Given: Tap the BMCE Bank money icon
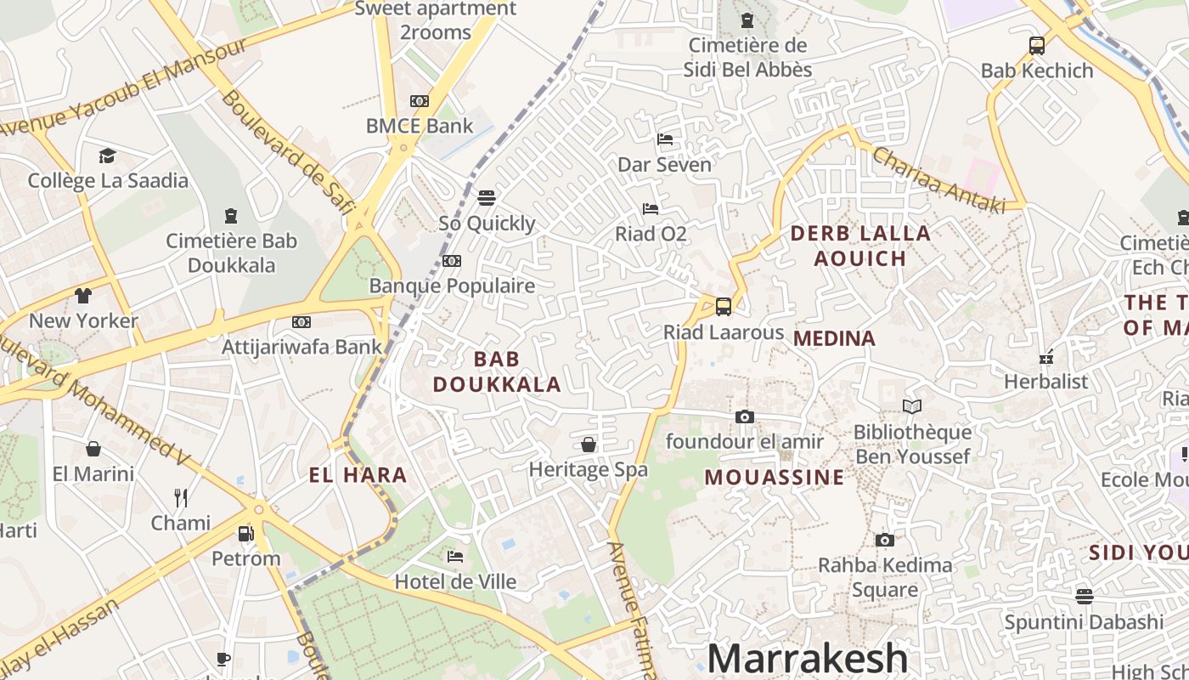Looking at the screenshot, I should [x=420, y=101].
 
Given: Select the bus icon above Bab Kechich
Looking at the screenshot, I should [x=1036, y=46].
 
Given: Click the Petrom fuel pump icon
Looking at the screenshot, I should [x=245, y=534].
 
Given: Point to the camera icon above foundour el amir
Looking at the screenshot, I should [x=744, y=416].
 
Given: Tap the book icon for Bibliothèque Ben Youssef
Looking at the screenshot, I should [x=912, y=407].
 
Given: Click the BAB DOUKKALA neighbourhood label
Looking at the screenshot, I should [x=497, y=371].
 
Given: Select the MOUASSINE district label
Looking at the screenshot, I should [x=775, y=477].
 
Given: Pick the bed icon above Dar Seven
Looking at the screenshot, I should [x=665, y=139].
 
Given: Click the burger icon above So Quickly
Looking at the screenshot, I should [x=487, y=198].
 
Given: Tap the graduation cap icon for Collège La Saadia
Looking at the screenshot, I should [x=107, y=156].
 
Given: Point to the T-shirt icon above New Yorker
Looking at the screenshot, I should [x=82, y=296].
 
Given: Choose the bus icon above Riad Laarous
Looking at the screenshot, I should [x=724, y=307].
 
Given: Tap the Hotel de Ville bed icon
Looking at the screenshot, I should [x=455, y=557].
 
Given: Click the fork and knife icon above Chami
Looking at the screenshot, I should [x=180, y=497].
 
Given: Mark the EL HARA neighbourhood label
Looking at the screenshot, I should [x=358, y=475].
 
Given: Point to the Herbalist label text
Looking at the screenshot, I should [x=1045, y=382].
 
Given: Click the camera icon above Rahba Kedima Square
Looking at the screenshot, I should [x=884, y=540].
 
